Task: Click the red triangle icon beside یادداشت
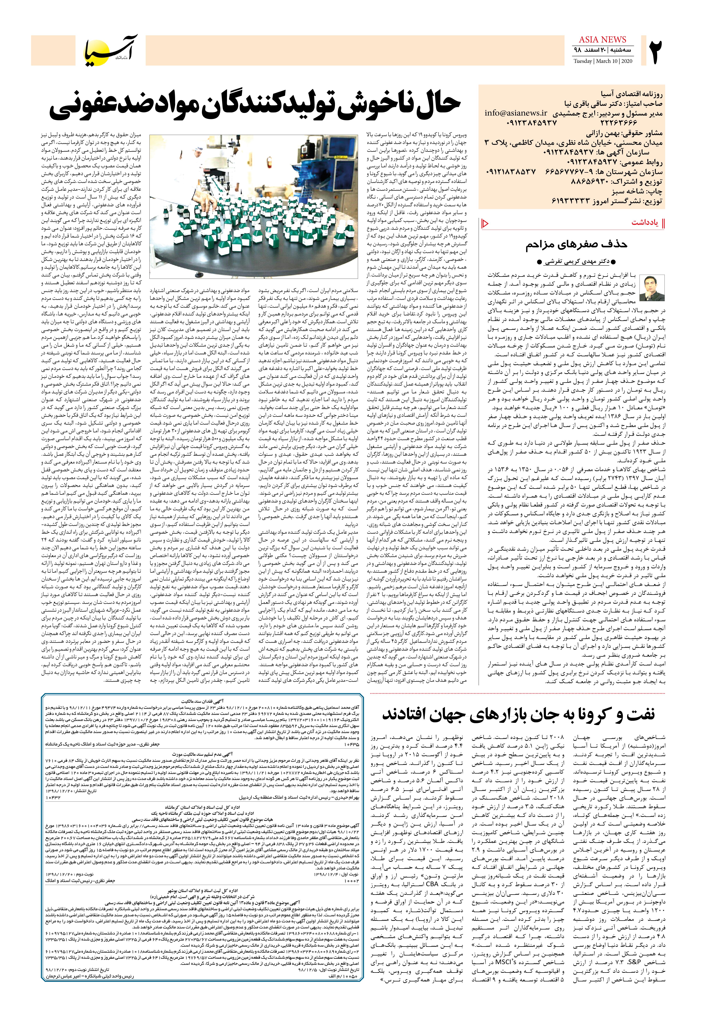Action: [x=485, y=223]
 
